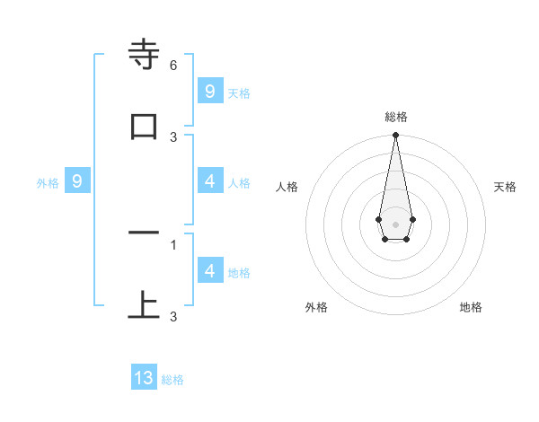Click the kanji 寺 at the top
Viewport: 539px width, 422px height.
(145, 56)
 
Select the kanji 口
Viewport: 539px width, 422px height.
(145, 127)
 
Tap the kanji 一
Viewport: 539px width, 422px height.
(145, 233)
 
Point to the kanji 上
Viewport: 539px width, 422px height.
(145, 305)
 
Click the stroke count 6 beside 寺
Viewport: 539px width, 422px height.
(173, 66)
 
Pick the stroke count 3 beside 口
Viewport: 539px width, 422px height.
(173, 136)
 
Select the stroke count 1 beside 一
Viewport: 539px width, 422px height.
(173, 243)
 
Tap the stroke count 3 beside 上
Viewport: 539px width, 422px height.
(173, 316)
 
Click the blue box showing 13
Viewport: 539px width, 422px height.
(144, 378)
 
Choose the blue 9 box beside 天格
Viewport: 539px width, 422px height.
(209, 92)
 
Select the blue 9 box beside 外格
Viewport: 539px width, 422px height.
(77, 181)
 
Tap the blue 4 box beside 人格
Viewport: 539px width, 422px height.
(209, 181)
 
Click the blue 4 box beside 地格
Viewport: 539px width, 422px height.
(209, 271)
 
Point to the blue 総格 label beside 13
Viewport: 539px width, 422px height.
(172, 380)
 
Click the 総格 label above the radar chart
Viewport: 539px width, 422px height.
(395, 117)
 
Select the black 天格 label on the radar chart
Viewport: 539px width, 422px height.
(505, 187)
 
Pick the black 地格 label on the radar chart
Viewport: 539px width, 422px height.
(471, 307)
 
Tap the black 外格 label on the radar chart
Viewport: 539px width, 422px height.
(316, 307)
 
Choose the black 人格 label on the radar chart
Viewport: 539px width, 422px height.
(287, 187)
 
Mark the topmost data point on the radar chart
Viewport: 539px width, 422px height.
(395, 136)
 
